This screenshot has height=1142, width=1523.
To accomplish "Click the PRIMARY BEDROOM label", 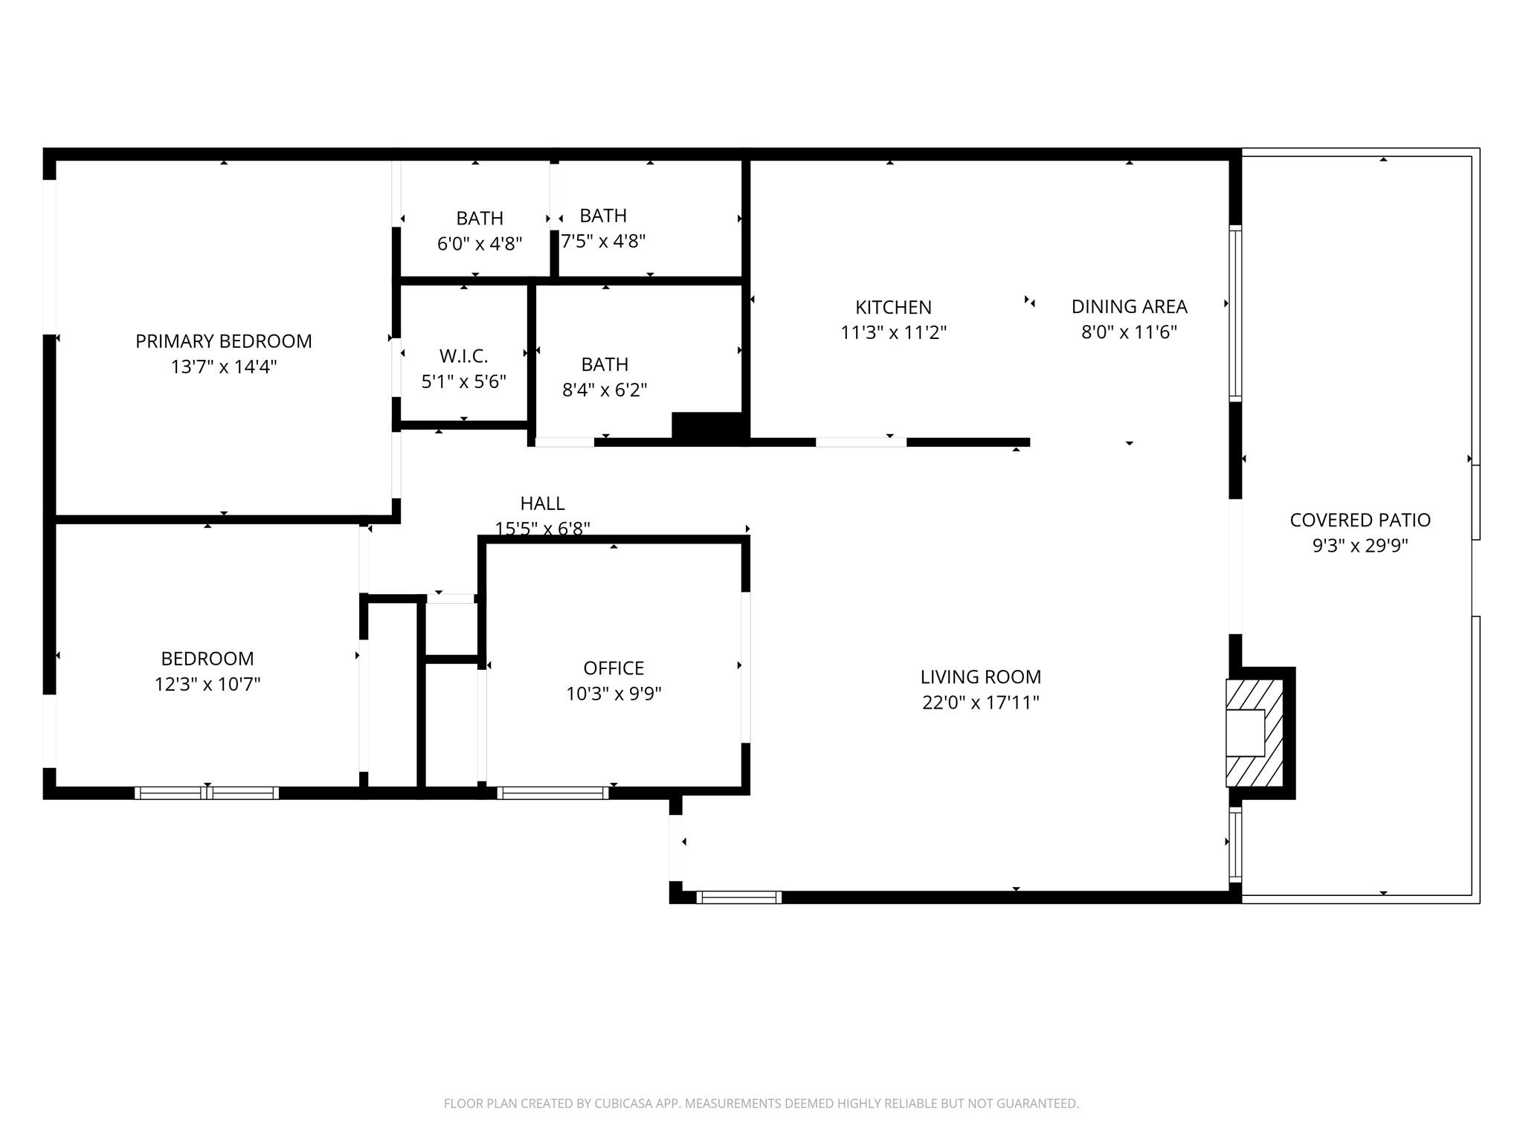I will click(x=223, y=341).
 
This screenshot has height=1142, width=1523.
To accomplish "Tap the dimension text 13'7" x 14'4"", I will click(x=223, y=367).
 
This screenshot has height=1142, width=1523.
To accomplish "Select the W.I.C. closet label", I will click(x=463, y=356).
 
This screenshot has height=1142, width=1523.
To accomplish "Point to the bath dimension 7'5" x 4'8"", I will click(x=603, y=241).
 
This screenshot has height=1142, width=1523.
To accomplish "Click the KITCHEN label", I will click(x=893, y=307).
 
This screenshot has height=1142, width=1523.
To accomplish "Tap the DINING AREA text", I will click(x=1129, y=306).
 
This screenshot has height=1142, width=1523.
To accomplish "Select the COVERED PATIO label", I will click(x=1359, y=520).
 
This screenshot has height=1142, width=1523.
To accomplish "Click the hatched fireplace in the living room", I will click(x=1254, y=733).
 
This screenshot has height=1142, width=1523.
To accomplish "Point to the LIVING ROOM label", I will click(x=980, y=677).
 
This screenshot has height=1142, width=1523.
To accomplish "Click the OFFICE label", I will click(x=614, y=668).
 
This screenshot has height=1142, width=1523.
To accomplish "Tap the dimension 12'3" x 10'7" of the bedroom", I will click(x=207, y=684).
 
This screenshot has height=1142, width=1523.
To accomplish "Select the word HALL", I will click(x=542, y=503).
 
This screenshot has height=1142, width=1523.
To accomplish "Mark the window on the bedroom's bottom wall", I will click(x=207, y=793).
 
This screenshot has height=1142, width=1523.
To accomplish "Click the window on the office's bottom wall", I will click(x=553, y=793).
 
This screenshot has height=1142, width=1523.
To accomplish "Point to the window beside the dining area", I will click(x=1235, y=313).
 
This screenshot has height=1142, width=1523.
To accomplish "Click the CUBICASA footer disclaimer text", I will click(x=761, y=1104).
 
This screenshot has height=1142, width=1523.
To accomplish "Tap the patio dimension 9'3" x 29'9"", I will click(x=1359, y=546).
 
